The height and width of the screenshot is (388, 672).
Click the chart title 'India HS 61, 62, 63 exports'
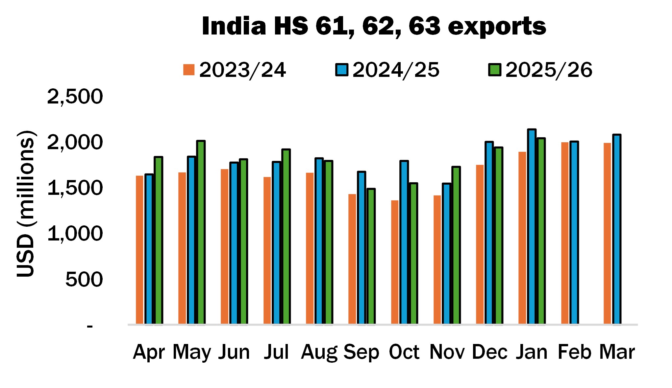pyautogui.click(x=374, y=26)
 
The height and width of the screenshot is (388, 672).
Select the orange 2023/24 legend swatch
pyautogui.click(x=189, y=70)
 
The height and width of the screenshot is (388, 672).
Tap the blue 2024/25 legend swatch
pyautogui.click(x=342, y=70)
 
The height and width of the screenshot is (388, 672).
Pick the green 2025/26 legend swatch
pyautogui.click(x=495, y=70)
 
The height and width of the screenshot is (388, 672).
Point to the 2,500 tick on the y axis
pyautogui.click(x=75, y=97)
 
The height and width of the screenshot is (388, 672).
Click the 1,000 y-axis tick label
pyautogui.click(x=75, y=234)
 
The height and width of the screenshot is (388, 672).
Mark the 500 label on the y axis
pyautogui.click(x=84, y=280)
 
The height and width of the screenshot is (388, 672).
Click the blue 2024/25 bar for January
pyautogui.click(x=532, y=227)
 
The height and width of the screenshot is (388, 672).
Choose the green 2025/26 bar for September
pyautogui.click(x=371, y=256)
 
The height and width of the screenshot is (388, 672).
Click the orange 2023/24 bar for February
pyautogui.click(x=565, y=233)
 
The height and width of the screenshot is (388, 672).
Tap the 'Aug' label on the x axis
pyautogui.click(x=319, y=352)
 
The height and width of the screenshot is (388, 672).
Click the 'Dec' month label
pyautogui.click(x=489, y=352)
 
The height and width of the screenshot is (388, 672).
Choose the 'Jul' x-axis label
pyautogui.click(x=276, y=352)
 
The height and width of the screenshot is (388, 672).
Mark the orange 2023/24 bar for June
pyautogui.click(x=225, y=246)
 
